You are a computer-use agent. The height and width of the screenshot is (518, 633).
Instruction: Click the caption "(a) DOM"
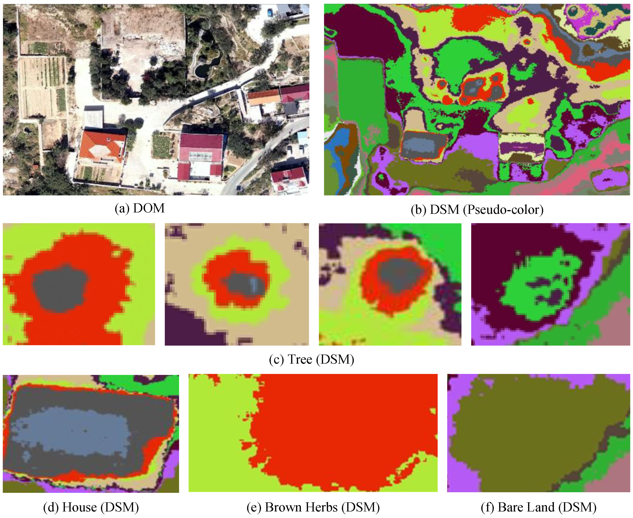tap(139, 208)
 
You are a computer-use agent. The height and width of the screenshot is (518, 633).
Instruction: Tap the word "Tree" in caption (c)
tap(300, 359)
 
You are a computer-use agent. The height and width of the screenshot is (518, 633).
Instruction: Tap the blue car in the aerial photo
tap(270, 13)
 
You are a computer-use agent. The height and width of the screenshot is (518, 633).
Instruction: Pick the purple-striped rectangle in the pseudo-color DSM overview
tap(521, 148)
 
